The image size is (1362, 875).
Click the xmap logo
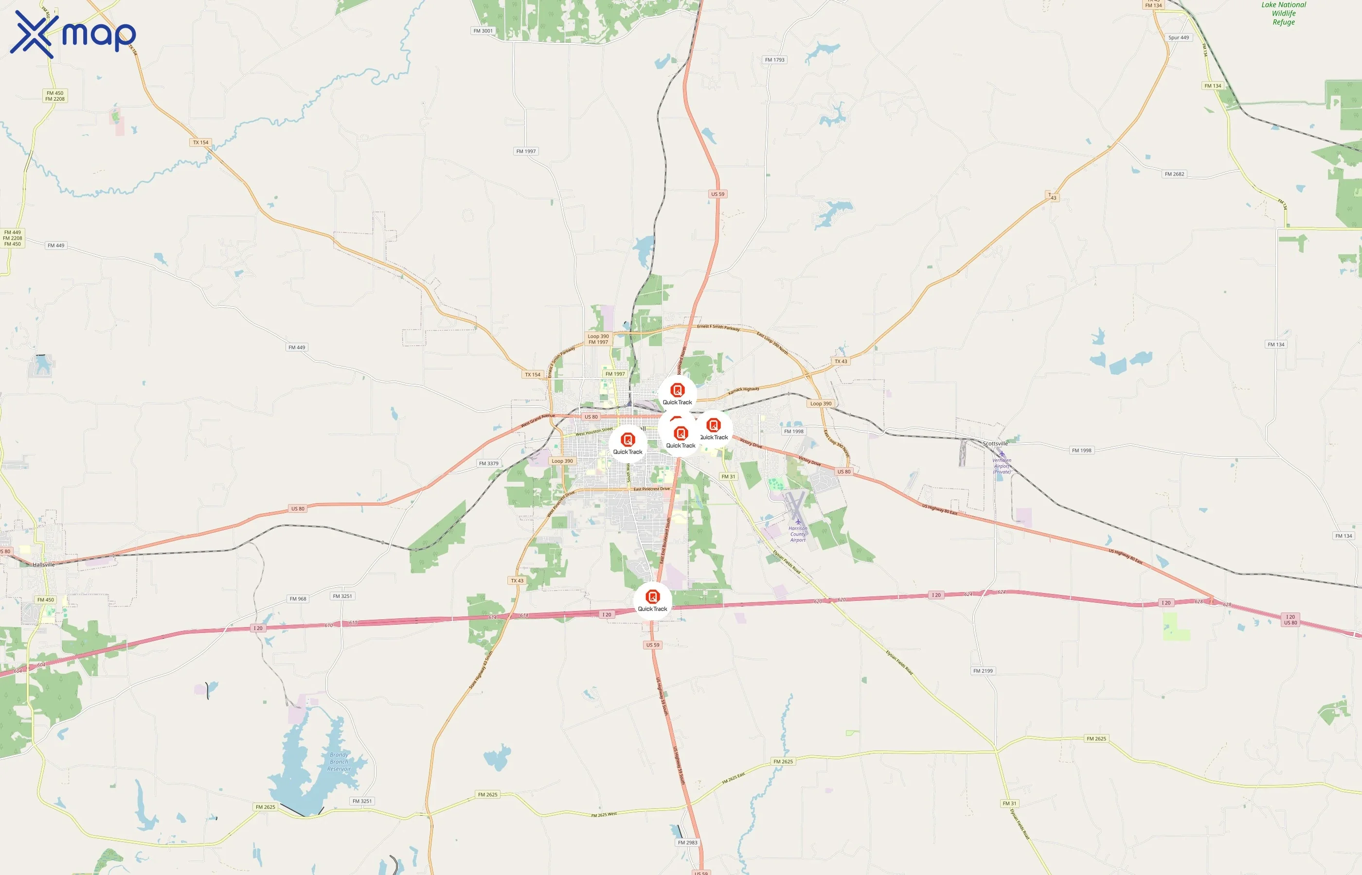pyautogui.click(x=73, y=34)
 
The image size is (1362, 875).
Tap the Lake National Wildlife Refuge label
pyautogui.click(x=1284, y=14)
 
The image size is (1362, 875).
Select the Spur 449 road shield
pyautogui.click(x=1179, y=37)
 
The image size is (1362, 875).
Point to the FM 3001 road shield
pyautogui.click(x=483, y=31)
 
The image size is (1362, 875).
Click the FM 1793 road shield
pyautogui.click(x=774, y=60)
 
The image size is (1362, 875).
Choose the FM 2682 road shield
pyautogui.click(x=1174, y=174)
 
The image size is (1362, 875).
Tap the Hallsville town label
pyautogui.click(x=44, y=565)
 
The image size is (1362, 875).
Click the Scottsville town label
pyautogui.click(x=995, y=443)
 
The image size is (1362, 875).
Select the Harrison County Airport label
pyautogui.click(x=798, y=534)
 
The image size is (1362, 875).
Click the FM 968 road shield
pyautogui.click(x=298, y=598)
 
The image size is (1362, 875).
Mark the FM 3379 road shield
pyautogui.click(x=488, y=464)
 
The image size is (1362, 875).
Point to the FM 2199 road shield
pyautogui.click(x=983, y=671)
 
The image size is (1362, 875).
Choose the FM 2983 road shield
pyautogui.click(x=687, y=842)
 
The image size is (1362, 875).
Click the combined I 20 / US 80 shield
pyautogui.click(x=1290, y=619)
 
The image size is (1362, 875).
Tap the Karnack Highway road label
pyautogui.click(x=744, y=390)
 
